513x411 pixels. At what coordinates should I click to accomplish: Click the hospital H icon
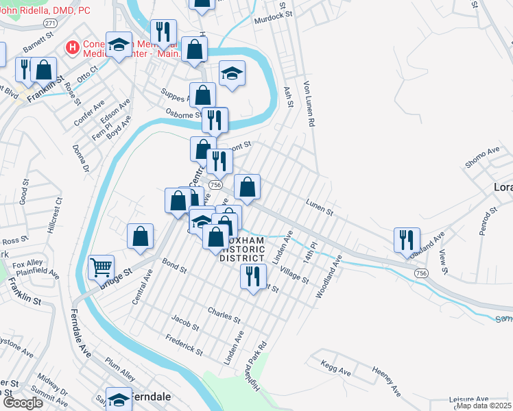(x=70, y=47)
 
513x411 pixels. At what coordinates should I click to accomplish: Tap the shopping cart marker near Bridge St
(x=101, y=266)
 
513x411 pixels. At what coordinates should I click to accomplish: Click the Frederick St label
(x=184, y=346)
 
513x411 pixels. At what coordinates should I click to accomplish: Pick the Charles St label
(x=224, y=314)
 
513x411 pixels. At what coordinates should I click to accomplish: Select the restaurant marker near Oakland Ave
(x=407, y=239)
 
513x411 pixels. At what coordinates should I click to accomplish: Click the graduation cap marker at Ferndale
(x=119, y=399)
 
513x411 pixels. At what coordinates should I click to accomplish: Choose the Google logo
(x=22, y=403)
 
